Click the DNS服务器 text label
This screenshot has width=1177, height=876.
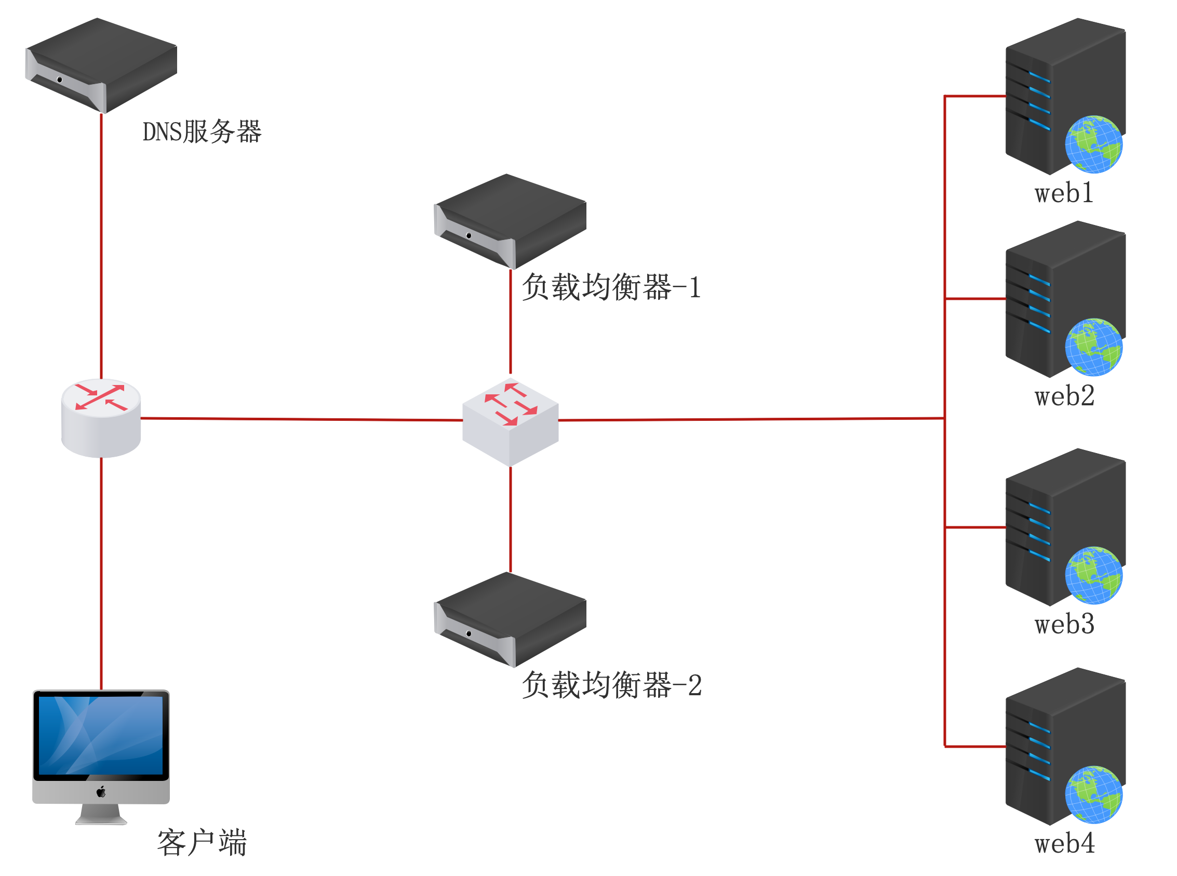coord(202,131)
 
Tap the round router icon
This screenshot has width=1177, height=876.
coord(101,417)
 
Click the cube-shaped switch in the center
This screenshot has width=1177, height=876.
coord(510,421)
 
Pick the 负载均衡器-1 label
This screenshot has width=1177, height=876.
coord(611,287)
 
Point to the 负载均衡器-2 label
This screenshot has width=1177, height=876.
coord(611,685)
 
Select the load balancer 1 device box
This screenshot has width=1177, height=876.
coord(510,221)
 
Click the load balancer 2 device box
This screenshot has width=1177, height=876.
coord(510,619)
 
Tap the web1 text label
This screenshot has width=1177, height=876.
coord(1064,193)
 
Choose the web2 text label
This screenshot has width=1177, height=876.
coord(1064,396)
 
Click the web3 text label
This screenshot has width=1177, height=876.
coord(1064,624)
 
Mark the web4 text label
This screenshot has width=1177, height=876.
coord(1064,843)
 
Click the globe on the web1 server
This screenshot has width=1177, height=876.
coord(1093,144)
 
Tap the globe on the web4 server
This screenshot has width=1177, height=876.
coord(1093,794)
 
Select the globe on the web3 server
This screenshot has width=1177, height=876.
coord(1093,575)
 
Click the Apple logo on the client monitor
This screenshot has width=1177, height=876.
coord(101,792)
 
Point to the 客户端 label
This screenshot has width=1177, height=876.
coord(202,843)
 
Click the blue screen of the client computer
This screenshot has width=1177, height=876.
coord(101,735)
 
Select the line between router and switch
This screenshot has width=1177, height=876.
coord(302,419)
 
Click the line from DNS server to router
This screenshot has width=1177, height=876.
coord(101,244)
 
